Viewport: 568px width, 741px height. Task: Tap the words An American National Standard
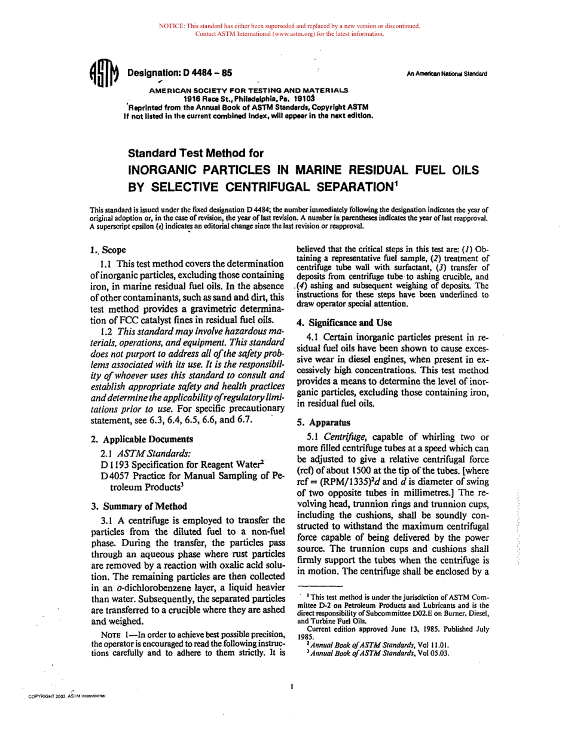(447, 74)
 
